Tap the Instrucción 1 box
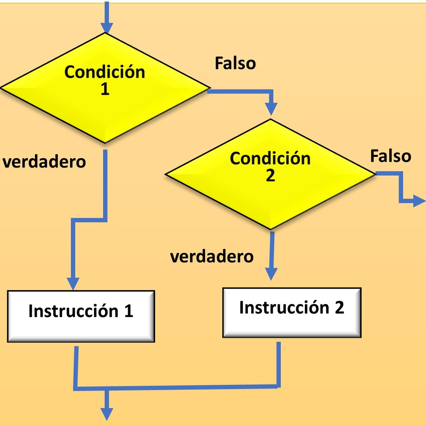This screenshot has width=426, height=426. [x=81, y=316]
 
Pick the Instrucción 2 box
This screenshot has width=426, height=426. [x=292, y=313]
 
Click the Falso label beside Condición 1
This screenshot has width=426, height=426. [x=235, y=63]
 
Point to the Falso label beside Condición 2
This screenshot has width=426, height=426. [x=391, y=156]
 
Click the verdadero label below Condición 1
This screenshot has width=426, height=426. [x=44, y=162]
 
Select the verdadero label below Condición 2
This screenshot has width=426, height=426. [x=212, y=256]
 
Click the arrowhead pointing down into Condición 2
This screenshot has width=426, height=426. [x=271, y=109]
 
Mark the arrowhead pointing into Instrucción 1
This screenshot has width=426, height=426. [x=73, y=284]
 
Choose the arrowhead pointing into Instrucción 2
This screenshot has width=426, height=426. [x=271, y=274]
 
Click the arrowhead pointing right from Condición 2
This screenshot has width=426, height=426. [x=419, y=201]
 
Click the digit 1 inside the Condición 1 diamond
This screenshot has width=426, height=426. [x=105, y=89]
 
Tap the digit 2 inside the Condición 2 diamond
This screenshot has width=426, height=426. [x=270, y=175]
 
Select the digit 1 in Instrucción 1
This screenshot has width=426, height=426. [x=129, y=311]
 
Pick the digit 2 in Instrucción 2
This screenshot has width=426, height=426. [x=339, y=307]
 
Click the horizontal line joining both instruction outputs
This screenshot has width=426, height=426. [x=177, y=388]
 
